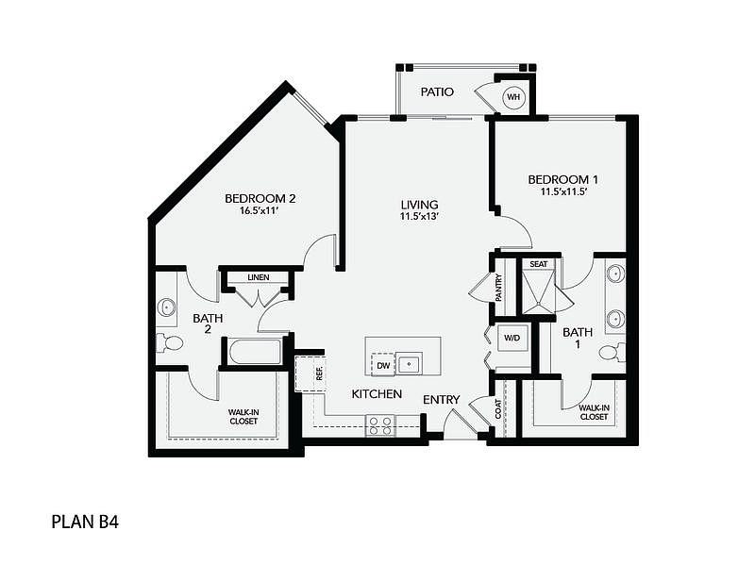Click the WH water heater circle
click(513, 97)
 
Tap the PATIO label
click(437, 91)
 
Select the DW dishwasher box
click(383, 365)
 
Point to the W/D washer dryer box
click(512, 338)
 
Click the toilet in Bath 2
click(170, 342)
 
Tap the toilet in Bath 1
click(612, 353)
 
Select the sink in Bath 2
click(167, 307)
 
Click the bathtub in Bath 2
click(255, 352)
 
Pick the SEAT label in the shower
click(538, 264)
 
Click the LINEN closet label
click(259, 277)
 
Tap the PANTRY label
click(499, 288)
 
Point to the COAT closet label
click(498, 408)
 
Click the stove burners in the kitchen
click(380, 425)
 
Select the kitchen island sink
click(409, 363)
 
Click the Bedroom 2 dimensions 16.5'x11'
click(260, 210)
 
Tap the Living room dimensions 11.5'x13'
click(419, 217)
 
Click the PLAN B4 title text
click(85, 522)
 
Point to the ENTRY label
click(442, 399)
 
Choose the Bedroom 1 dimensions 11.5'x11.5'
click(562, 191)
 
